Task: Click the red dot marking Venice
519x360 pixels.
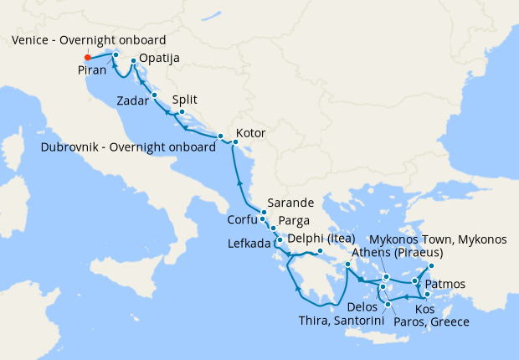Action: (x=88, y=57)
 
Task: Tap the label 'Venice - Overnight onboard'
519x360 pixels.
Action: (x=90, y=40)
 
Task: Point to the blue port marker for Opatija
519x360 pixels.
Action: (x=134, y=62)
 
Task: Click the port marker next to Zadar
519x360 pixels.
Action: (x=155, y=96)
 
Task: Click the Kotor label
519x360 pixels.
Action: (x=250, y=132)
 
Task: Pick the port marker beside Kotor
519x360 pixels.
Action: (x=235, y=142)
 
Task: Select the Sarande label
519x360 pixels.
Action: (x=291, y=203)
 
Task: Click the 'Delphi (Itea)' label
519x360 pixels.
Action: (x=321, y=238)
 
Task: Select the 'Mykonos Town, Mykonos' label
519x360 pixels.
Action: (x=438, y=239)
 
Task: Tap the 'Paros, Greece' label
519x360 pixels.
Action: (x=430, y=321)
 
